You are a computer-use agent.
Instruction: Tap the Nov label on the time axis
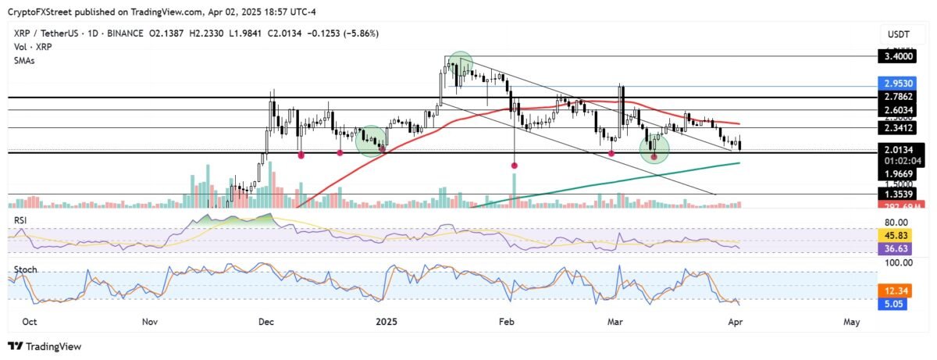(151, 321)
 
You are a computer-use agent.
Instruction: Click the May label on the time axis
(852, 321)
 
